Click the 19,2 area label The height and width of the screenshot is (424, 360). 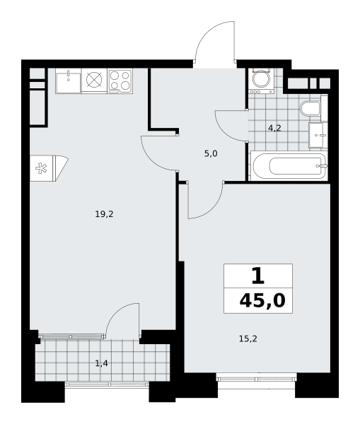pos(104,214)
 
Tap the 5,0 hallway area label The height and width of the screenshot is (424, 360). pos(211,154)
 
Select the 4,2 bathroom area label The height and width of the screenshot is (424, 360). pos(274,128)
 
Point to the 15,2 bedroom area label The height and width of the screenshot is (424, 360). pos(248,338)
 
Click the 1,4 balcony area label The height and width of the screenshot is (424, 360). pos(102,363)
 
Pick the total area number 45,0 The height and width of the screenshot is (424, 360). pos(262,300)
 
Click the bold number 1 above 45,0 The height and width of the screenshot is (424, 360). pos(257,276)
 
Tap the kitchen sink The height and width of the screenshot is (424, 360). pos(68,81)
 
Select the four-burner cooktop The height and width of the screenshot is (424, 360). pos(120,81)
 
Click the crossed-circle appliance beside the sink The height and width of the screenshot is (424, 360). pos(94,81)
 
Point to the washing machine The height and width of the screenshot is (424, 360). pos(261,81)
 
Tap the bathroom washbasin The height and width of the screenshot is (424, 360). pos(318,135)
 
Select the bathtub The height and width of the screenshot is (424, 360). pos(289,166)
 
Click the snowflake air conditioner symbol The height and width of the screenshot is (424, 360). pos(41,168)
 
